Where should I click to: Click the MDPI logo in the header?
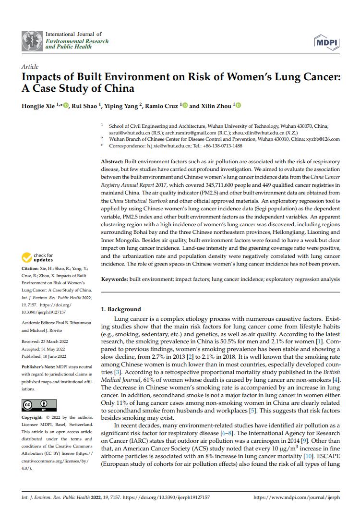point(327,42)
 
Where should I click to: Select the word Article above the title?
point(30,67)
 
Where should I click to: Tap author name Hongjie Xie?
point(38,106)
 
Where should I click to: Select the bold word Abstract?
point(112,162)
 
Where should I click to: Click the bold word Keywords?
point(114,279)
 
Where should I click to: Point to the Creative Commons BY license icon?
point(39,405)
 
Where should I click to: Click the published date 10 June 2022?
point(57,356)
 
